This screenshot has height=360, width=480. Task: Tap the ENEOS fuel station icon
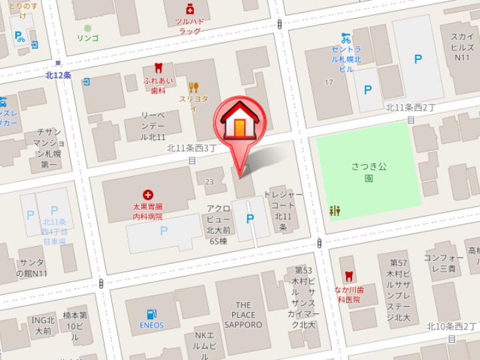tap(153, 313)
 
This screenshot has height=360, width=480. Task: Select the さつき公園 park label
tap(368, 172)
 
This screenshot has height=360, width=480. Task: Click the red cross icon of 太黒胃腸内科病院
tap(147, 195)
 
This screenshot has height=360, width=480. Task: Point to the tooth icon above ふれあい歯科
tap(158, 68)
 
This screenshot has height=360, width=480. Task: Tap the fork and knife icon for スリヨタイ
tap(193, 87)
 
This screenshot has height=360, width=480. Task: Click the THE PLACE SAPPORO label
tap(243, 315)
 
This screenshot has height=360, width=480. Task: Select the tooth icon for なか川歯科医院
tap(348, 276)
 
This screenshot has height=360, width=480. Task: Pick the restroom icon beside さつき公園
tap(335, 211)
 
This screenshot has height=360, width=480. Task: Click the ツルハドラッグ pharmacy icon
tap(189, 9)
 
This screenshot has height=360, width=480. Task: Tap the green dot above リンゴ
tap(87, 28)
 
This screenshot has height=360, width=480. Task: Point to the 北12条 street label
tap(58, 75)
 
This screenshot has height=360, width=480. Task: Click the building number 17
tap(328, 83)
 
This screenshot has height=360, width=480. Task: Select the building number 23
tap(210, 181)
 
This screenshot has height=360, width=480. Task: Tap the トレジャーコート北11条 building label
tap(283, 211)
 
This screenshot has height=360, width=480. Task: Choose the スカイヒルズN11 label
tap(461, 47)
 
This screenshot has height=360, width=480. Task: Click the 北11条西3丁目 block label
tap(192, 154)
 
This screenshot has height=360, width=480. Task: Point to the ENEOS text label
tap(153, 325)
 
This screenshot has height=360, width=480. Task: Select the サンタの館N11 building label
tap(32, 268)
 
